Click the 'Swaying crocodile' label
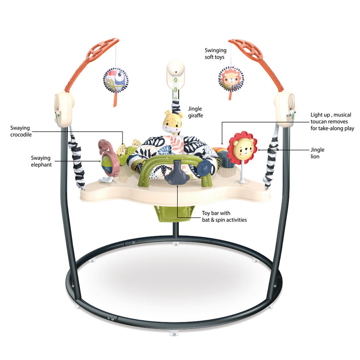pos(21,131)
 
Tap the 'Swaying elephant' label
pos(41,161)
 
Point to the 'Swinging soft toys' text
pos(216,54)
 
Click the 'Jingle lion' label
pos(317,153)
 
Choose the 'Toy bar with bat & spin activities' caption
pos(224,217)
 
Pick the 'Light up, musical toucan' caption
pos(331,121)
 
